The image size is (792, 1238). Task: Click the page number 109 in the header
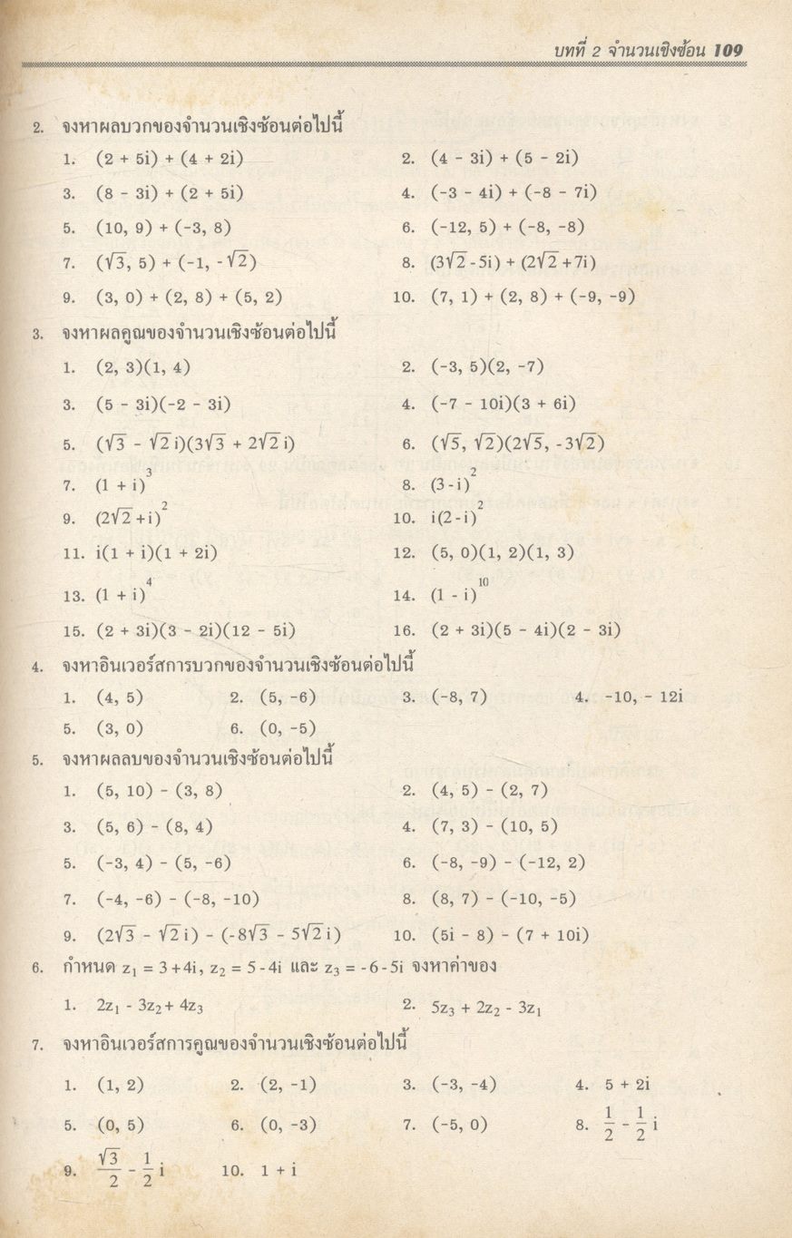point(728,50)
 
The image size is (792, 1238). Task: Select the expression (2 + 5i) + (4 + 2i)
point(170,158)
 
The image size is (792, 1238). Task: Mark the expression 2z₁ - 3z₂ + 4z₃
point(152,1005)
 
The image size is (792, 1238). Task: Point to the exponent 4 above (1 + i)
point(149,580)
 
